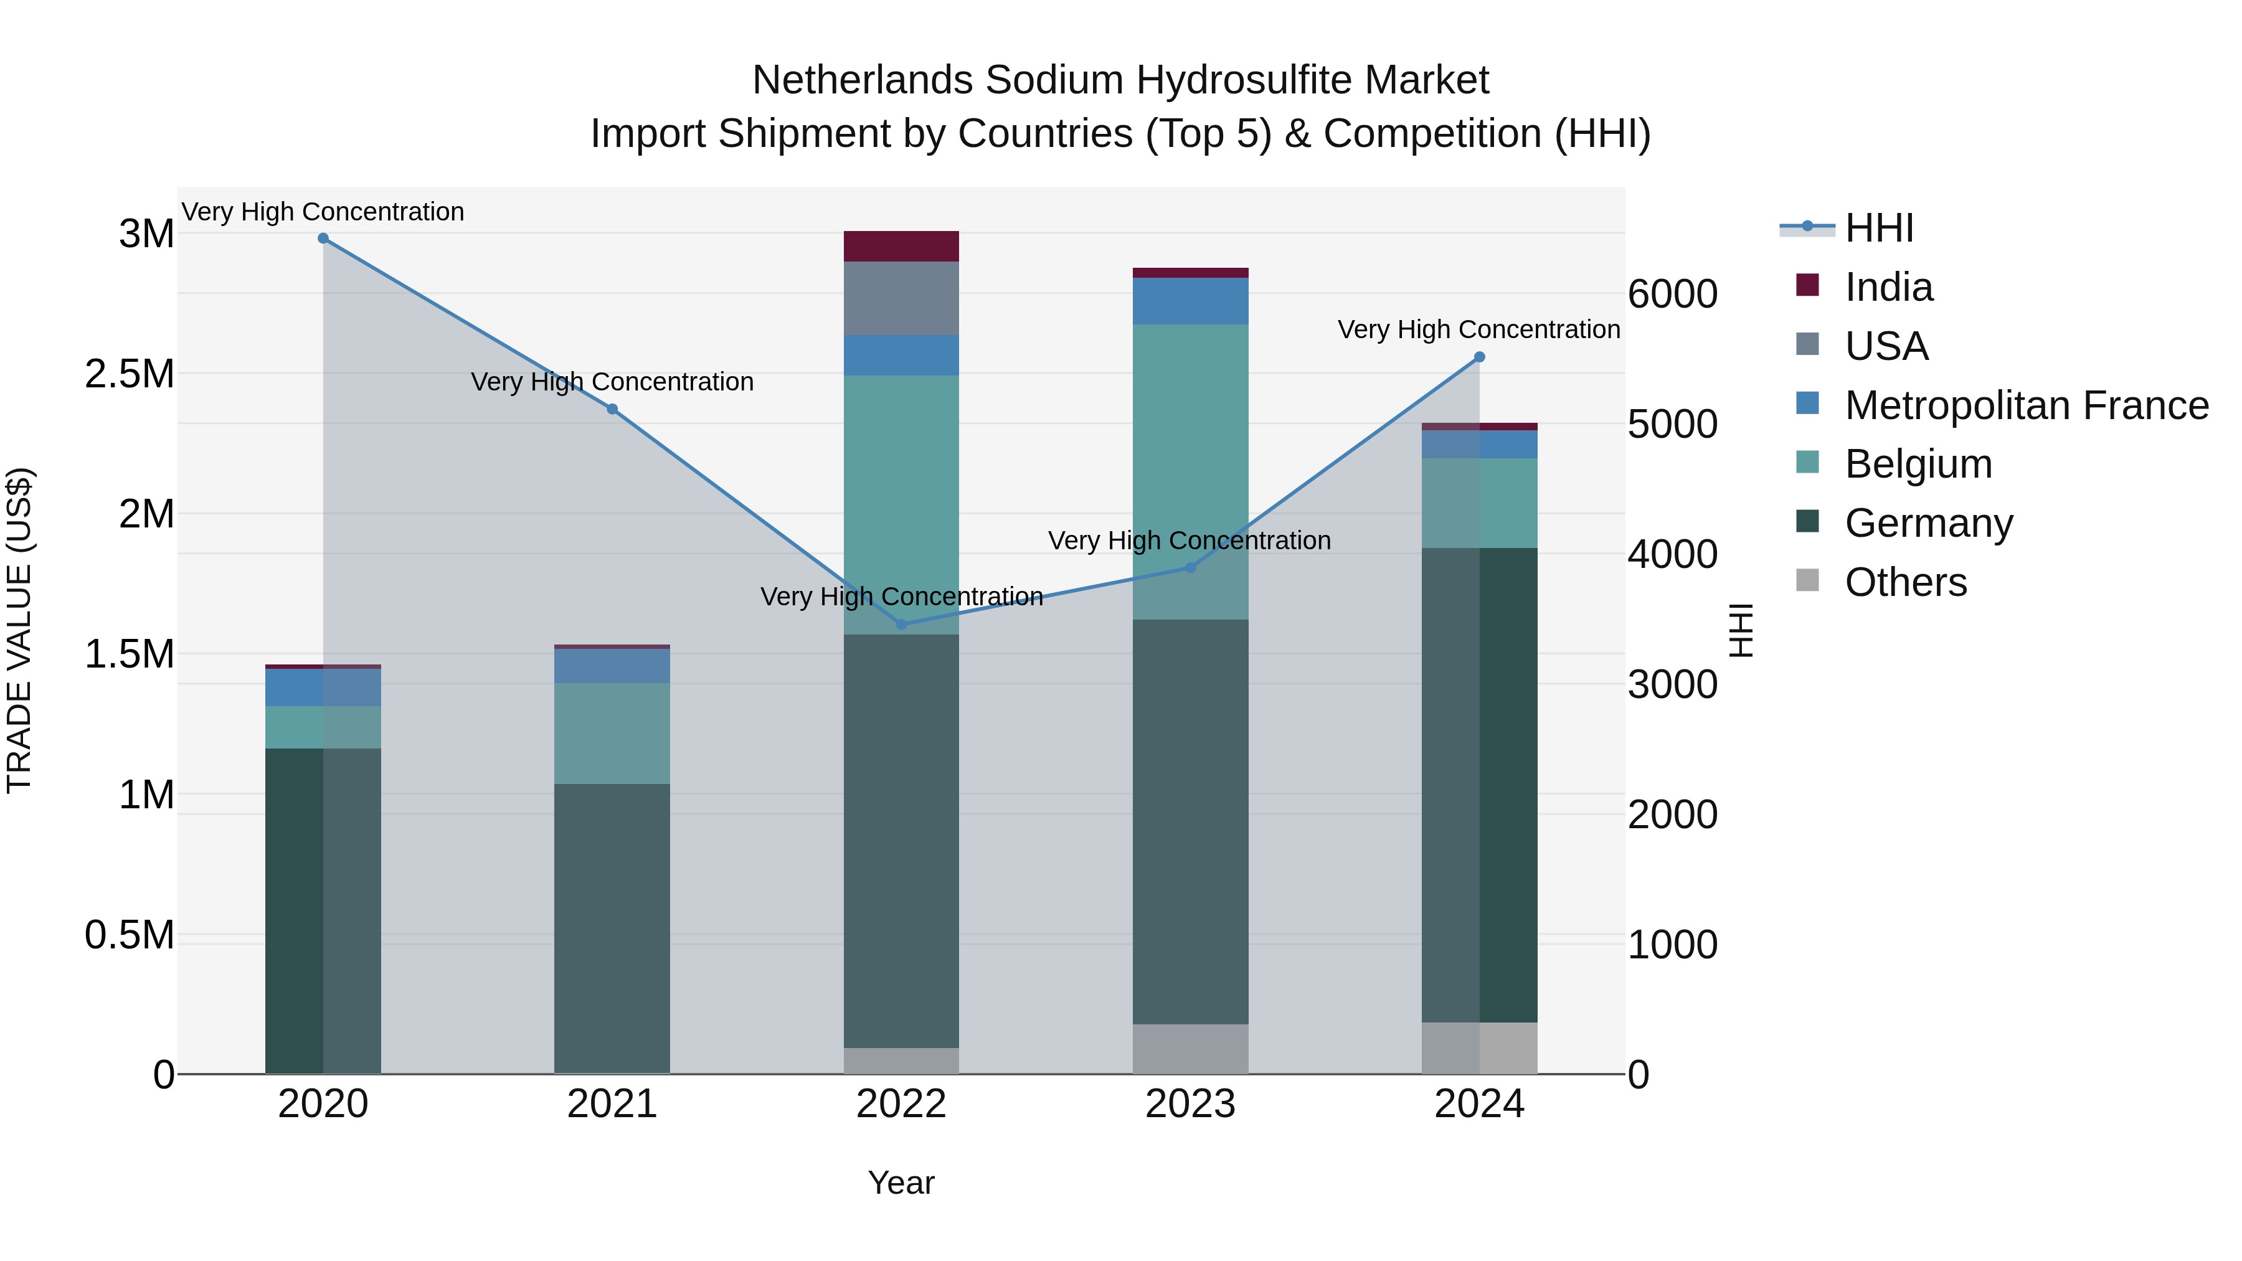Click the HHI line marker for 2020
point(323,239)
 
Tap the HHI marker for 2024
point(1478,357)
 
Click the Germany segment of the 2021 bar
point(612,927)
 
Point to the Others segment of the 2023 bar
point(1191,1048)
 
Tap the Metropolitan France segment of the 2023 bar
point(1191,301)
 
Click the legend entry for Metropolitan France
point(2026,405)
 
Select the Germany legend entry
point(1929,523)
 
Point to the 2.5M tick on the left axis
point(130,374)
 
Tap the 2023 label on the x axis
point(1191,1104)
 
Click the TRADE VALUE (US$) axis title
point(19,630)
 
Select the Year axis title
point(901,1183)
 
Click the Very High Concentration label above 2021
point(612,382)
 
